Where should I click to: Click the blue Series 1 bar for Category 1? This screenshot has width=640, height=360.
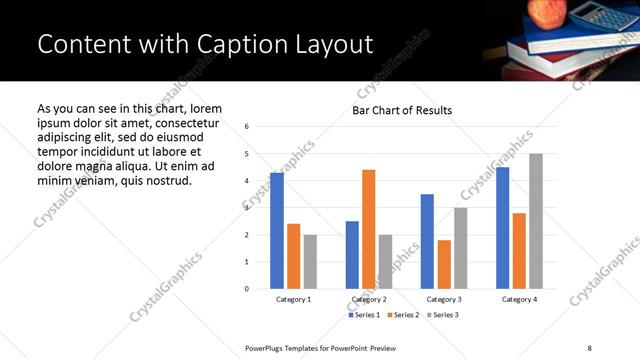pos(277,231)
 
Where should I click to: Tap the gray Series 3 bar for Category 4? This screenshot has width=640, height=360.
pos(536,221)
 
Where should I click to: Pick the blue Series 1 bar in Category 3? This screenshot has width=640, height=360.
pos(427,241)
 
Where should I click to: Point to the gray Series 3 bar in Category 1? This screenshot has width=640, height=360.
pos(310,262)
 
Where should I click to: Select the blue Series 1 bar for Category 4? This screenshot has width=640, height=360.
pos(502,228)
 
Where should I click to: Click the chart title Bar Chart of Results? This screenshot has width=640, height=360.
pos(402,110)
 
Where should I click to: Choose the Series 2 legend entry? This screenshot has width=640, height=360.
pos(404,315)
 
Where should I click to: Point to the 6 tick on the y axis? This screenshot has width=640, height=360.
pos(247,126)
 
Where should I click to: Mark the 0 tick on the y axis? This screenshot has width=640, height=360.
pos(247,289)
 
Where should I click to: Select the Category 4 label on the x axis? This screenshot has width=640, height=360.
pos(519,299)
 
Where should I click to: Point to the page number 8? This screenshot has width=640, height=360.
pos(590,347)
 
